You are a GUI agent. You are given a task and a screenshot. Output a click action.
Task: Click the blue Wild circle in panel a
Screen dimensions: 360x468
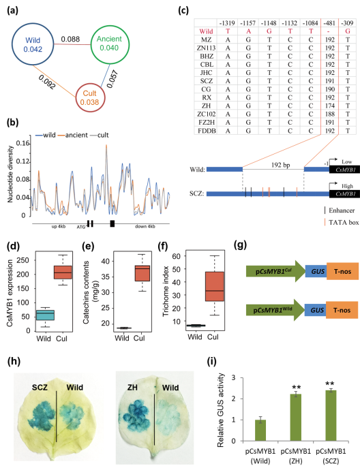tap(12, 45)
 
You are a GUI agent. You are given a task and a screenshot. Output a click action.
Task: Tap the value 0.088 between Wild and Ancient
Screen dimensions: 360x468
tap(70, 39)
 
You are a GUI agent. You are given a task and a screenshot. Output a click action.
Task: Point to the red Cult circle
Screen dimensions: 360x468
tap(76, 97)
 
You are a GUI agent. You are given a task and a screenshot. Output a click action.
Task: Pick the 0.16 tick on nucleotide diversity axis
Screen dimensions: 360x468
tap(23, 144)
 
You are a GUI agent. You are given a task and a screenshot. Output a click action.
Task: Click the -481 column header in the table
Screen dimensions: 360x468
tap(329, 23)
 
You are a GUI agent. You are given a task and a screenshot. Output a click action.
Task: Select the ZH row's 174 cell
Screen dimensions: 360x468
tap(330, 106)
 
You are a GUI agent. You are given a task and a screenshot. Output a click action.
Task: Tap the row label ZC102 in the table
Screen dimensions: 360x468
tap(206, 114)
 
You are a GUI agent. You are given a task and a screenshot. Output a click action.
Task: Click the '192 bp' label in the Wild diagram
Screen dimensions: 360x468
tap(280, 165)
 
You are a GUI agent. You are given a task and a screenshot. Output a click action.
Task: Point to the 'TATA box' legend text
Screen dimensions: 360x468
tap(344, 222)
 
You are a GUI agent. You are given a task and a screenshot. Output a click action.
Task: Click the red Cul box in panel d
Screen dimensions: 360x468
tap(63, 272)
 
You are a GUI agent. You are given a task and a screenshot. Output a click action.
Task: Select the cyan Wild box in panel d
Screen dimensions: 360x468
tap(45, 315)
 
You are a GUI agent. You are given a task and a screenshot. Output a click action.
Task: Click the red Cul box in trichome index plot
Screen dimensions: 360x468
tap(215, 286)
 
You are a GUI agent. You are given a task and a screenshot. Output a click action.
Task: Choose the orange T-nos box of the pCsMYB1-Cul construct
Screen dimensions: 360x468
tap(342, 271)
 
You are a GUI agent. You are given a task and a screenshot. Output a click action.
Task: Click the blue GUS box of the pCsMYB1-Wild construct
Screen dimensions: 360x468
tap(315, 310)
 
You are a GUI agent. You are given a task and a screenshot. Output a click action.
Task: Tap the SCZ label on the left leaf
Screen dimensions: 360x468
tap(40, 388)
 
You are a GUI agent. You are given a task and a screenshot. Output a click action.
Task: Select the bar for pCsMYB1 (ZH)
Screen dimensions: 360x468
tap(295, 418)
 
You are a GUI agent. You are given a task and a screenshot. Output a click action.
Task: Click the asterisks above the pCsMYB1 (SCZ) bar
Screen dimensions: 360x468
tap(331, 384)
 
